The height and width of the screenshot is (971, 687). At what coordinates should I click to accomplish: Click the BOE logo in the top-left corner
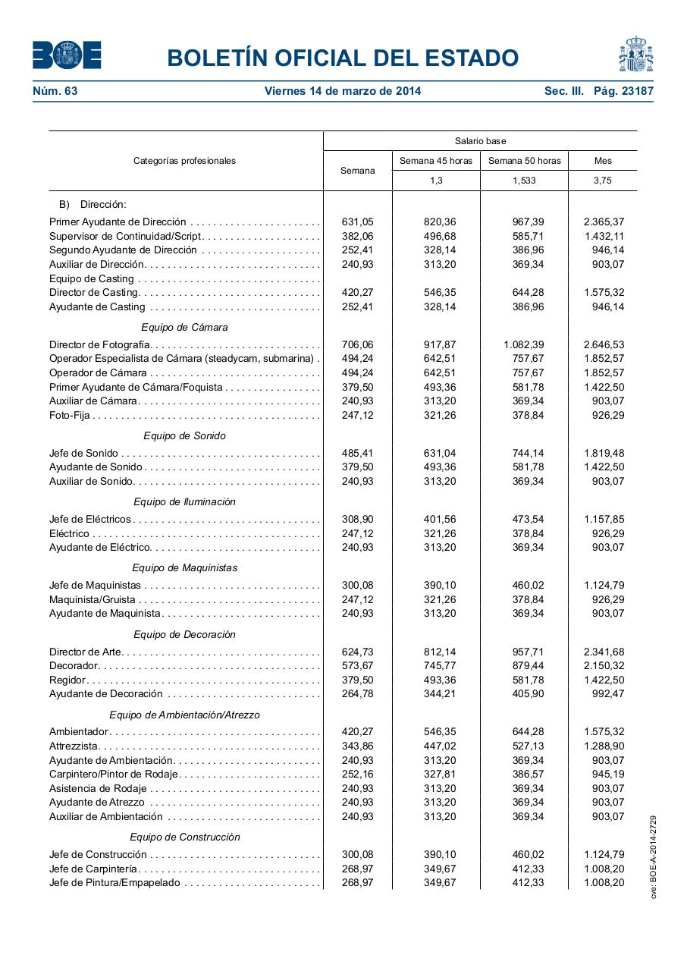click(67, 55)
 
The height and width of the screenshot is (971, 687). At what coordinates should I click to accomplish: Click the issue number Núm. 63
click(55, 92)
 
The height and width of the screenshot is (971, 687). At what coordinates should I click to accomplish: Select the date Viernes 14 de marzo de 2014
click(343, 92)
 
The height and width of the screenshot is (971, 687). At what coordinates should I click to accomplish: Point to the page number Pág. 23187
click(623, 92)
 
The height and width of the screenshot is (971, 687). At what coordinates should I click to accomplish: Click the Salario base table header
click(480, 141)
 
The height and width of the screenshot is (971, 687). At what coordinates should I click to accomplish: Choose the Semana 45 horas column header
click(436, 161)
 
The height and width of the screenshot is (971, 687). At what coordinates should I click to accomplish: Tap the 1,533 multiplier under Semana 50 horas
click(524, 181)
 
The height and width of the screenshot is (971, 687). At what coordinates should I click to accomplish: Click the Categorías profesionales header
click(184, 161)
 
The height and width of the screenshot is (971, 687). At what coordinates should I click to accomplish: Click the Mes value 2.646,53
click(604, 344)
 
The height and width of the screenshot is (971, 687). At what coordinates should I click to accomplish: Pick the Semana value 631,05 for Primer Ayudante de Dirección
click(357, 222)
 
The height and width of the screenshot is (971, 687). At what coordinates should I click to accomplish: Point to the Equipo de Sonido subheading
click(184, 436)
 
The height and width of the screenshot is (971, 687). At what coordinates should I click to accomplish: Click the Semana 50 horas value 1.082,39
click(523, 344)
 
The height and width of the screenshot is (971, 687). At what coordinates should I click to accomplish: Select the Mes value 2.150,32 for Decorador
click(604, 666)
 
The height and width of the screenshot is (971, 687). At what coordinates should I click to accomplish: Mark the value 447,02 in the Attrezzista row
click(440, 746)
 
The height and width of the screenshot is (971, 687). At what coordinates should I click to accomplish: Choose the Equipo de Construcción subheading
click(184, 837)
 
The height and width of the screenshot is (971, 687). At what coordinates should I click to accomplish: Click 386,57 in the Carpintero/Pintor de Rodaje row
click(528, 775)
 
